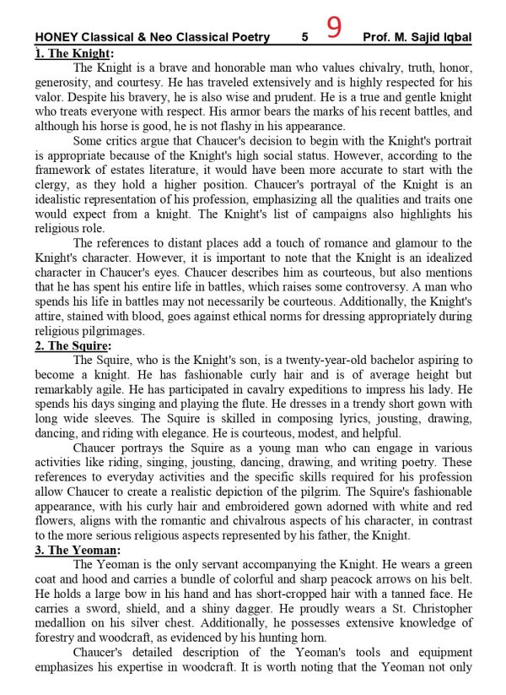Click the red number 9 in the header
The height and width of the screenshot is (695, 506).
(334, 29)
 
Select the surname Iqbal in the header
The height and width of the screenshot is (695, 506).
(451, 37)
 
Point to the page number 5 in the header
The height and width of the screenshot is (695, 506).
(304, 37)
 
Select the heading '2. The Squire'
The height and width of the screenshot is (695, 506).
(74, 345)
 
